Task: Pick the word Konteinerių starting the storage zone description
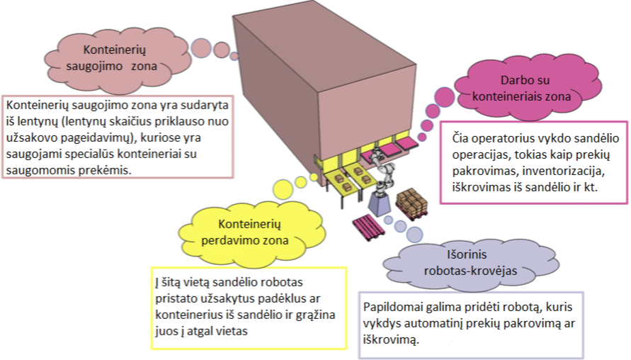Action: click(38, 104)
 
